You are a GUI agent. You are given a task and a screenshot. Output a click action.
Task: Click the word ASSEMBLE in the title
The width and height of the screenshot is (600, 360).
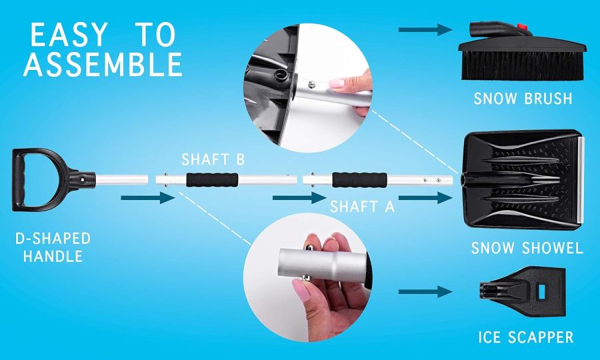tap(103, 64)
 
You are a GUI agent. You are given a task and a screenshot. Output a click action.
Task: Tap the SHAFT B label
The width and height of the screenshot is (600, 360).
tap(213, 160)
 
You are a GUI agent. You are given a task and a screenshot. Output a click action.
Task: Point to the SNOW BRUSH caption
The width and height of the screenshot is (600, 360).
tap(523, 99)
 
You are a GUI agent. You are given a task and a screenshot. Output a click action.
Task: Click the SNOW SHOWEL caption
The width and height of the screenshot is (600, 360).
tap(527, 249)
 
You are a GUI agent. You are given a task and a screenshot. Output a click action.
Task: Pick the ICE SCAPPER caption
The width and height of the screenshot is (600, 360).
tap(525, 337)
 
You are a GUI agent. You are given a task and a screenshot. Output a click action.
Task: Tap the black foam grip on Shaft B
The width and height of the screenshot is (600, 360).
tap(212, 180)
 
